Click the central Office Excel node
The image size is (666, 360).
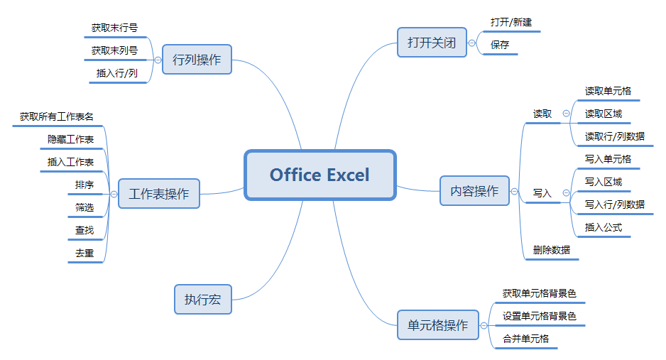320,175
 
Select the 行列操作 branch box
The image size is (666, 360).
197,60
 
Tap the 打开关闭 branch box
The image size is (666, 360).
432,43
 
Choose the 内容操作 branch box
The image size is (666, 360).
474,190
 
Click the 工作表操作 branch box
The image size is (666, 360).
159,194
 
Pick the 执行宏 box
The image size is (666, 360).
203,300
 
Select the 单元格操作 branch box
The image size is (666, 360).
438,324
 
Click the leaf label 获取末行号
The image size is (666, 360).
115,28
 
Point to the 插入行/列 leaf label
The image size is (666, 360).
117,73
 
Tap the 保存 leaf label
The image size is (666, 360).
500,45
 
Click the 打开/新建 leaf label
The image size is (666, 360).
511,22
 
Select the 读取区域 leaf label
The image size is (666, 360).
603,114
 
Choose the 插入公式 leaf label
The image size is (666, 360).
603,227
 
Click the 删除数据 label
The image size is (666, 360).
551,250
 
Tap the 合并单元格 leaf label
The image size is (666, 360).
526,339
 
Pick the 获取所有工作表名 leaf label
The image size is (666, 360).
57,116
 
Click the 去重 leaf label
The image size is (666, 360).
84,253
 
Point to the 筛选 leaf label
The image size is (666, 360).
84,207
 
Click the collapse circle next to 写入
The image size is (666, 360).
566,192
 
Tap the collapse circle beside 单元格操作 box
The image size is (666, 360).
484,326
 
